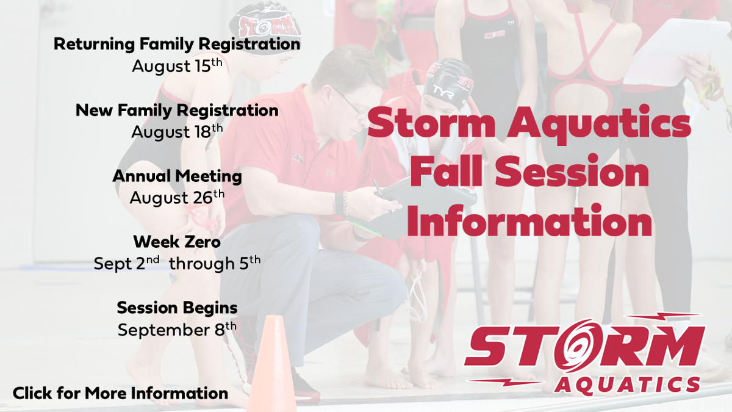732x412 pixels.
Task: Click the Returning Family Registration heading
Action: click(177, 45)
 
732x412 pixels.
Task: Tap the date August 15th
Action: click(177, 66)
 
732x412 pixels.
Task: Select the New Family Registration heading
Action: click(177, 110)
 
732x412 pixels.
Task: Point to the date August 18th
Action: click(177, 132)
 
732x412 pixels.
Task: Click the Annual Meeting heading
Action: click(177, 176)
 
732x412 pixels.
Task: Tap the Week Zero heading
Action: click(177, 242)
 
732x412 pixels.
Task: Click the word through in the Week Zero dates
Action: click(202, 264)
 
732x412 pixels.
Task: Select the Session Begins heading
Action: click(177, 308)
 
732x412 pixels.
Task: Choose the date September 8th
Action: click(177, 330)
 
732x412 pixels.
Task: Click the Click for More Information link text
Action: click(120, 393)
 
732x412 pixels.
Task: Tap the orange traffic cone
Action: click(271, 363)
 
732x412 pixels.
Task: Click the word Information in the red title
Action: click(529, 221)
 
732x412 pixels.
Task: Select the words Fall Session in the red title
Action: click(529, 172)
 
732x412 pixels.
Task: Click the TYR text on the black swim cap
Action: click(443, 93)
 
